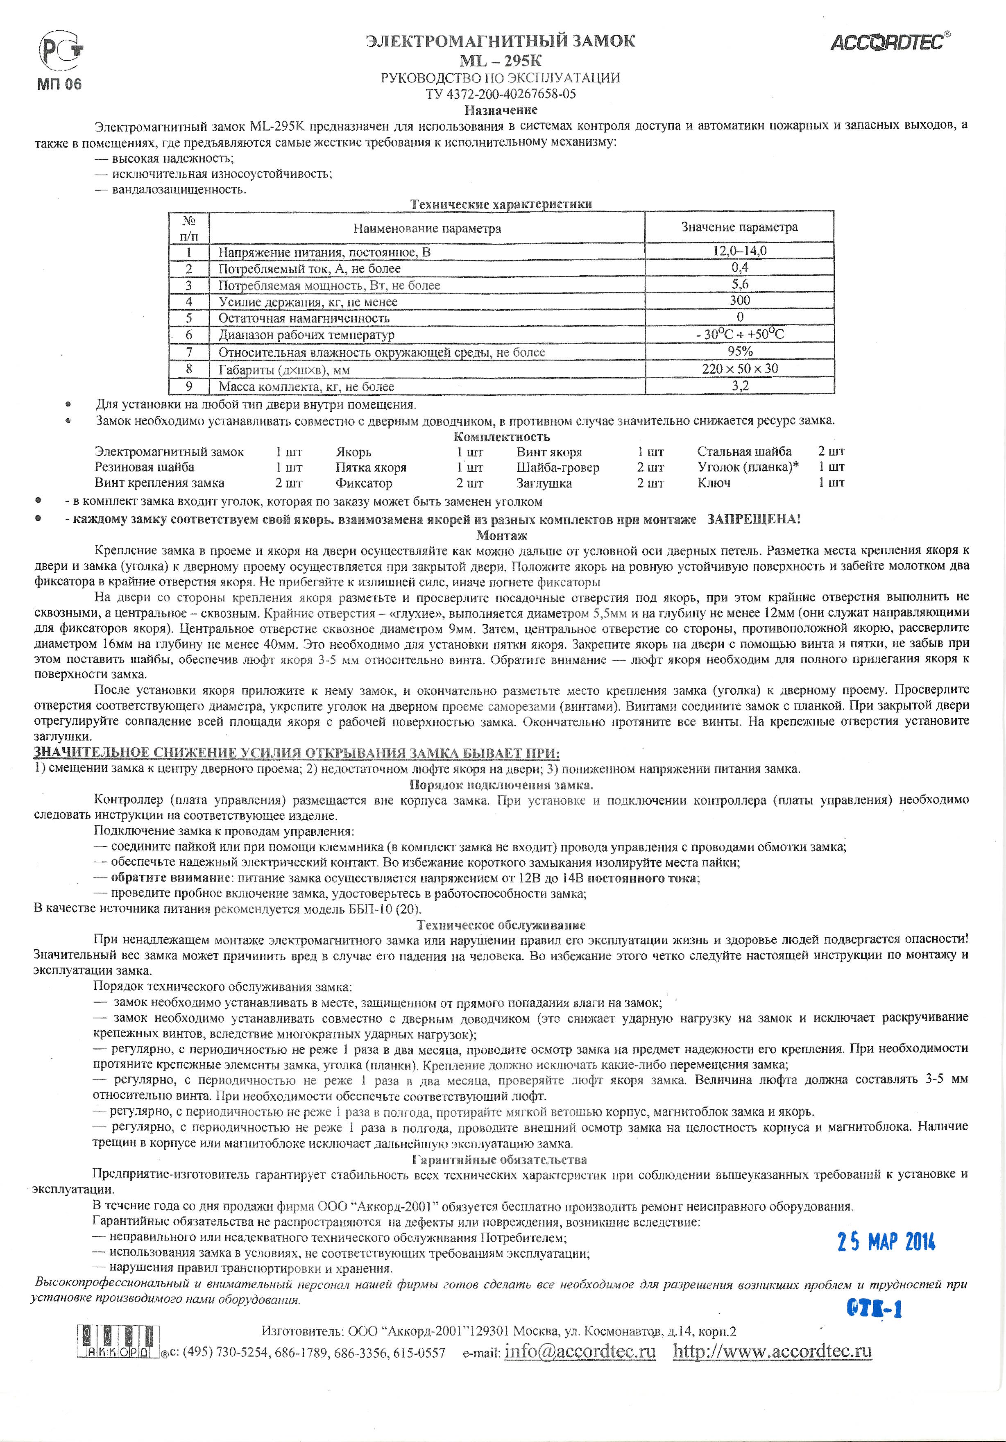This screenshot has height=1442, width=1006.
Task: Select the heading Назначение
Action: click(x=501, y=111)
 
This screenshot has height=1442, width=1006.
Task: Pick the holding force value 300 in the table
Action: click(x=740, y=301)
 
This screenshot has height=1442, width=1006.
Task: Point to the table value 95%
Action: click(x=740, y=351)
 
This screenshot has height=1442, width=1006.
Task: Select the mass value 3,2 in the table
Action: click(x=740, y=385)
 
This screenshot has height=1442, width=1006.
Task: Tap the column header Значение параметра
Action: click(x=740, y=227)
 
